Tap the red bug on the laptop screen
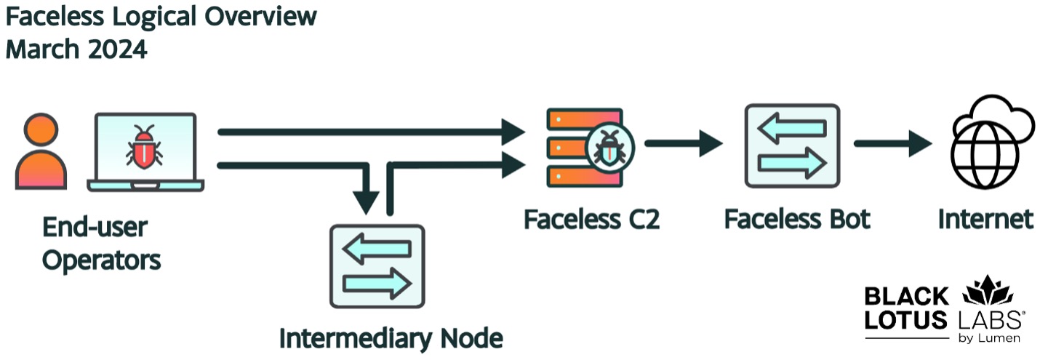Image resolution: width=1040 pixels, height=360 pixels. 145,145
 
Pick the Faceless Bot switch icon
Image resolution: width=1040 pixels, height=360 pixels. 791,145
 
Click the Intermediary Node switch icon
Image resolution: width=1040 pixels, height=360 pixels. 377,266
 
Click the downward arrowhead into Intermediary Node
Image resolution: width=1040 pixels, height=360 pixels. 369,200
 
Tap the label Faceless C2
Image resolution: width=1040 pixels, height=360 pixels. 591,218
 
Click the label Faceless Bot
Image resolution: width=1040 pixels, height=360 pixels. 797,218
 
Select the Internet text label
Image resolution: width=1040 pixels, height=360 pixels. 985,218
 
